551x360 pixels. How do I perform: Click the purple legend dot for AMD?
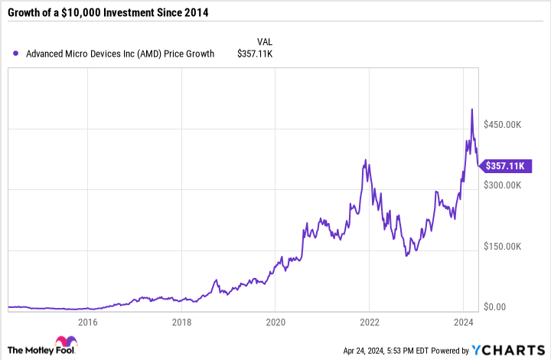pos(16,54)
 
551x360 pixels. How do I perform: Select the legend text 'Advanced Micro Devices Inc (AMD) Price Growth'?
pos(120,54)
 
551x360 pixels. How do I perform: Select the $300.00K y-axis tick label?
pos(503,185)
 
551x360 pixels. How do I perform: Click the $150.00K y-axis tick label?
pos(503,247)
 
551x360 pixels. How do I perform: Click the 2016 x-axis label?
pos(88,322)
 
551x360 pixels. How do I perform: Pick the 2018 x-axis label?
pos(182,322)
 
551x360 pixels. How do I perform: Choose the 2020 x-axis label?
pos(275,322)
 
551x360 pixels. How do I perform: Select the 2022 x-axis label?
pos(370,322)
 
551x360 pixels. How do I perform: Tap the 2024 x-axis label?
pos(463,322)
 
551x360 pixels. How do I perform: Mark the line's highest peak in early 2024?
pos(471,110)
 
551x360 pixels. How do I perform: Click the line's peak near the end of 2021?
pos(366,160)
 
